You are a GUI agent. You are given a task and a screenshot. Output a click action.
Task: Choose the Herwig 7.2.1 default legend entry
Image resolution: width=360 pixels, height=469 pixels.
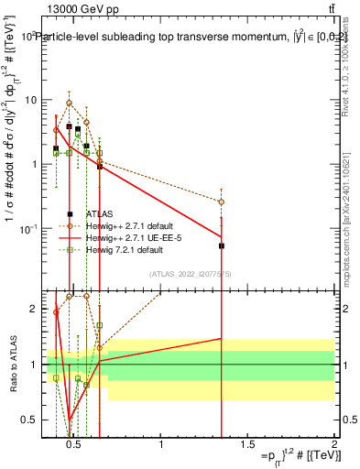[125, 249]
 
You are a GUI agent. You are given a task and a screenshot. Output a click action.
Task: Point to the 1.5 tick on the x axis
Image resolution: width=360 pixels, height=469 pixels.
[248, 444]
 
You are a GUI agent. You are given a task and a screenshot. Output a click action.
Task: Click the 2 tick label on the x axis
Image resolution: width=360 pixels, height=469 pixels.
[334, 444]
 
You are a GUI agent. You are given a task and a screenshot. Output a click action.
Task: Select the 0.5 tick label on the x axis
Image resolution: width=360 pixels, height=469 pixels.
[74, 444]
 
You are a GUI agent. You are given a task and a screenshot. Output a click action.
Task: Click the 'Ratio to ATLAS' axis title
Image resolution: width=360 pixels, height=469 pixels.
[13, 365]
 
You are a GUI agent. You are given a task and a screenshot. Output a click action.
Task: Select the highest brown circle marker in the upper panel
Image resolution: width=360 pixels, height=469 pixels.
[69, 103]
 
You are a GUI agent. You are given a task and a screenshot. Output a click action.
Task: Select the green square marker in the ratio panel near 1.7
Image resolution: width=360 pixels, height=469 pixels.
[99, 325]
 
